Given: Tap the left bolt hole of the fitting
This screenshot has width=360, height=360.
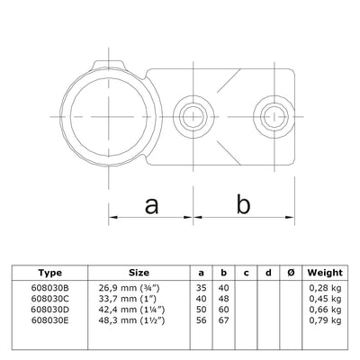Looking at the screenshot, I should pyautogui.click(x=191, y=114).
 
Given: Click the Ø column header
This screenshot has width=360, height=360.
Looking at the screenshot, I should pyautogui.click(x=290, y=271).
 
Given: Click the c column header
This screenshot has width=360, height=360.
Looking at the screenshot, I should pyautogui.click(x=245, y=271).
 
